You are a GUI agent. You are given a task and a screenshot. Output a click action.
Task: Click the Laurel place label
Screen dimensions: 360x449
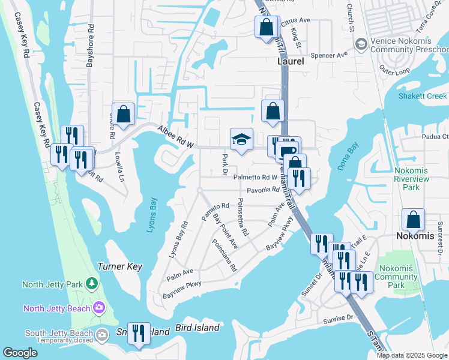point(291,61)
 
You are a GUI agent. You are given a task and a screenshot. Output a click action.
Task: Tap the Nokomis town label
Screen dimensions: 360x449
point(414,236)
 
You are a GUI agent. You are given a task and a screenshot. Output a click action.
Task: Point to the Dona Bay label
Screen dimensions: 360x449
point(348,156)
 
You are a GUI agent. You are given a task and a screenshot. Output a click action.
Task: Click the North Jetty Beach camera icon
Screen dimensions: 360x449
point(99,308)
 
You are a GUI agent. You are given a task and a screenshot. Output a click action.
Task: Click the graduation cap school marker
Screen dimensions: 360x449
point(242,140)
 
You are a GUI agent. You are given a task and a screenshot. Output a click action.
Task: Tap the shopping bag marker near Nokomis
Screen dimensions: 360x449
point(414,220)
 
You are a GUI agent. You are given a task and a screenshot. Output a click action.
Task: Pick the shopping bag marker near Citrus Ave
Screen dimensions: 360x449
point(266,27)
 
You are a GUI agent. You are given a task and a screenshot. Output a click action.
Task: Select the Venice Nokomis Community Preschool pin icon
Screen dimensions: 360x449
point(361,44)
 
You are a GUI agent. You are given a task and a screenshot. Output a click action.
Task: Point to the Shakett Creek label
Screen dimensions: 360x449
point(423,96)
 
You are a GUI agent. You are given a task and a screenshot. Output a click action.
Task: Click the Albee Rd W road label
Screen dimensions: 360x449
point(176,137)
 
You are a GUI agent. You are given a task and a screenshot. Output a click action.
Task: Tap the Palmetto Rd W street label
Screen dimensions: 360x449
point(255,178)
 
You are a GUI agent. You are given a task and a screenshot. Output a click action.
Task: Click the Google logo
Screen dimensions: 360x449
point(20,353)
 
